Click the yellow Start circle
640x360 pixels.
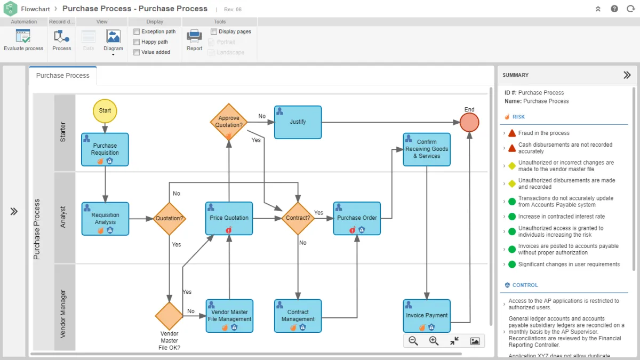pos(105,111)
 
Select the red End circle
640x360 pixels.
pos(469,122)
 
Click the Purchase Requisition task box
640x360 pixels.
pos(105,149)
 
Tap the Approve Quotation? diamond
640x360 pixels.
pos(229,122)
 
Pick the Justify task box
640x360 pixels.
pos(298,122)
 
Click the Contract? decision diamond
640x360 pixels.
pos(298,218)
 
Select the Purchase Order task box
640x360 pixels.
pos(357,218)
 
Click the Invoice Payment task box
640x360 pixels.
pos(427,315)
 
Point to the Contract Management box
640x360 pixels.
pos(298,315)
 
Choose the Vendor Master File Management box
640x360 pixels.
pos(229,315)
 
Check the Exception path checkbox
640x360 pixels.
pos(137,31)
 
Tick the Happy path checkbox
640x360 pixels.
pos(137,42)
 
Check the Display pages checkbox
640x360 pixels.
pos(213,31)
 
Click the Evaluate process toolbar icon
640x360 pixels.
pos(23,37)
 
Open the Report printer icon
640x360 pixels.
pos(194,37)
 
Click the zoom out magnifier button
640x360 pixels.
pos(413,341)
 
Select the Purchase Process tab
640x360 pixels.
pos(63,76)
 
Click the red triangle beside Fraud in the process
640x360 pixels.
pos(512,133)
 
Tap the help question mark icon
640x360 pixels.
pos(615,9)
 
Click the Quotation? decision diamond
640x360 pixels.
pos(170,218)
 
